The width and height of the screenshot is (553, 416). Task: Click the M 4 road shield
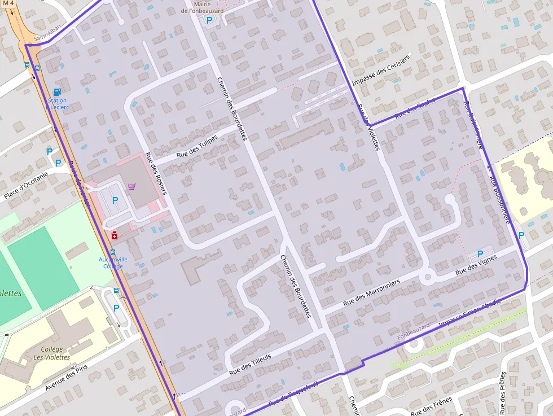pyautogui.click(x=8, y=3)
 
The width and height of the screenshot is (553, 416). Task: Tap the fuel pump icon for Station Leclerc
pyautogui.click(x=56, y=92)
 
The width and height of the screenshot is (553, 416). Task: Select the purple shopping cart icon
pyautogui.click(x=131, y=187)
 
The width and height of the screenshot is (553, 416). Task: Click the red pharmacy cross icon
pyautogui.click(x=114, y=235)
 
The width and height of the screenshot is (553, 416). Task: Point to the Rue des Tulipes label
pyautogui.click(x=197, y=146)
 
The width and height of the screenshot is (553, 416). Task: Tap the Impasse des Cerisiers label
pyautogui.click(x=381, y=70)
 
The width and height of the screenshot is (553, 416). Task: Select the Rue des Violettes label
pyautogui.click(x=368, y=128)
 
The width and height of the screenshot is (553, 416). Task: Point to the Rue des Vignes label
pyautogui.click(x=476, y=265)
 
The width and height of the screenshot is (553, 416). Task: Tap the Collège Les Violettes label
pyautogui.click(x=51, y=353)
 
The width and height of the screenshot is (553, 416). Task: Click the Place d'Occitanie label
pyautogui.click(x=26, y=186)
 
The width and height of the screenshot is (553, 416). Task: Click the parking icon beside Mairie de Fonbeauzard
pyautogui.click(x=209, y=20)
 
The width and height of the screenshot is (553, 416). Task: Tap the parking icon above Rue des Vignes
pyautogui.click(x=480, y=254)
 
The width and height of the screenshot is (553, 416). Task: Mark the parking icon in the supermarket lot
pyautogui.click(x=115, y=200)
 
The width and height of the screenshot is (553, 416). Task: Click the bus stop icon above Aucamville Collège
pyautogui.click(x=112, y=252)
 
